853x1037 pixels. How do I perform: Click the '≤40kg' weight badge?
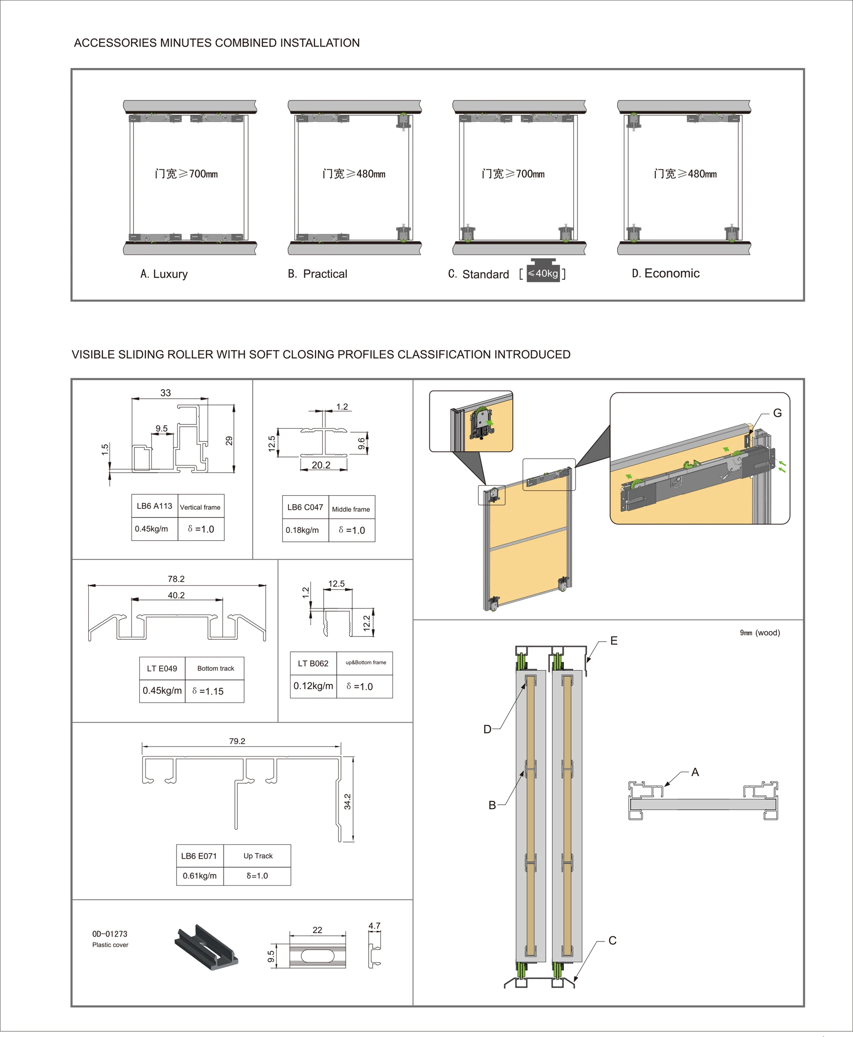click(x=543, y=274)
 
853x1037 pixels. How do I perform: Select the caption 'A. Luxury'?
click(x=164, y=274)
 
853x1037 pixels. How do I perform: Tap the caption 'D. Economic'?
click(x=666, y=274)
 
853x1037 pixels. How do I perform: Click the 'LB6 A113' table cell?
click(x=154, y=506)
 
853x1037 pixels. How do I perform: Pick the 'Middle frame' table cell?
click(x=351, y=509)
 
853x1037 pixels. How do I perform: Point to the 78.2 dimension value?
click(x=176, y=579)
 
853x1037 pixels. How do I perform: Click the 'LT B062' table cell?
click(x=313, y=664)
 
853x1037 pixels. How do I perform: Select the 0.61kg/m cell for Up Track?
click(x=199, y=876)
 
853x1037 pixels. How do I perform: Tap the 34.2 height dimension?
click(x=347, y=802)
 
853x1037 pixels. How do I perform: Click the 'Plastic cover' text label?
click(x=110, y=945)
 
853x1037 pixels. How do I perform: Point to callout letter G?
click(x=777, y=413)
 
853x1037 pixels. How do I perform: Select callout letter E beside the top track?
click(x=614, y=641)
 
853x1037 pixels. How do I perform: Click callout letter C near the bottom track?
click(x=612, y=940)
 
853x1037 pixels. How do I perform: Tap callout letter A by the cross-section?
click(x=695, y=772)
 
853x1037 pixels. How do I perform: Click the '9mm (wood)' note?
click(x=760, y=632)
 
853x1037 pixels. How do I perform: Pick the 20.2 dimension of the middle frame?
click(x=321, y=465)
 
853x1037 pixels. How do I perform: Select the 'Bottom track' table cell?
click(x=215, y=668)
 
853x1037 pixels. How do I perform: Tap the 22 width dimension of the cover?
click(x=317, y=930)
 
